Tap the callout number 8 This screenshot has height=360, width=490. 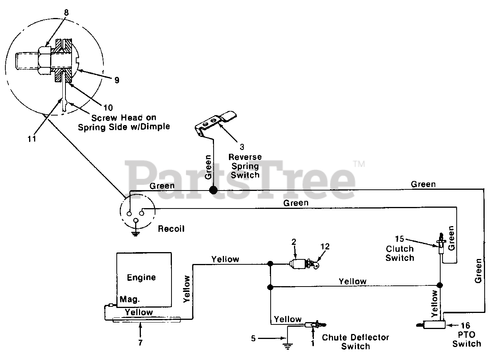(66, 12)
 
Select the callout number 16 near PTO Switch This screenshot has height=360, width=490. (465, 326)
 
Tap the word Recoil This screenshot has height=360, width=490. (171, 229)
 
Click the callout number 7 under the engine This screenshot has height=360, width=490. (140, 342)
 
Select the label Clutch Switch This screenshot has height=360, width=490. (400, 253)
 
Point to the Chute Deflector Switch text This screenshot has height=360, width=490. (356, 342)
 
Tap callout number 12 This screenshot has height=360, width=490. (325, 246)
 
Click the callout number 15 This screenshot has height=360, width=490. (400, 239)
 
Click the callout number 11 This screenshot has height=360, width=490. (32, 138)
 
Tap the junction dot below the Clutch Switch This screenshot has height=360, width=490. (439, 285)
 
